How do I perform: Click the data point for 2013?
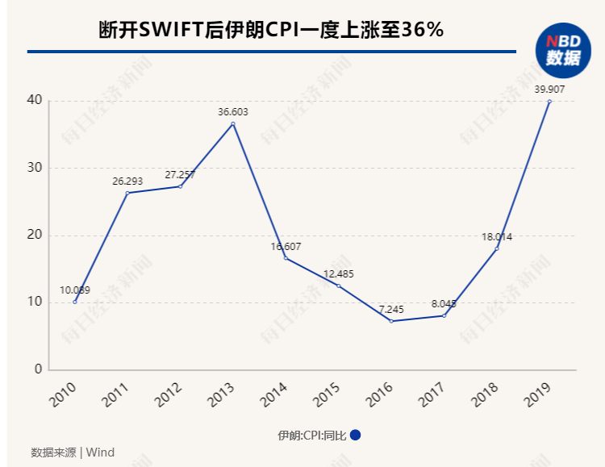coord(233,123)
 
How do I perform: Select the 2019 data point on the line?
coord(549,102)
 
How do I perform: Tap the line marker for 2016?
coord(391,321)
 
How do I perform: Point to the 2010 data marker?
coord(75,302)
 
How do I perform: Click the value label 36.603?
coord(233,112)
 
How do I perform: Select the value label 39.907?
coord(549,90)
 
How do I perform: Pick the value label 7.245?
coord(391,309)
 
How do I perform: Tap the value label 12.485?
coord(339,274)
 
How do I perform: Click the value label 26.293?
coord(127,181)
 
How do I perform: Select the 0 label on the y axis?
coord(37,369)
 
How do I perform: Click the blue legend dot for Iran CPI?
coord(355,435)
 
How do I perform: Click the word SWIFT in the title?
coord(175,31)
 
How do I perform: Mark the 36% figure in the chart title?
coord(425,31)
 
